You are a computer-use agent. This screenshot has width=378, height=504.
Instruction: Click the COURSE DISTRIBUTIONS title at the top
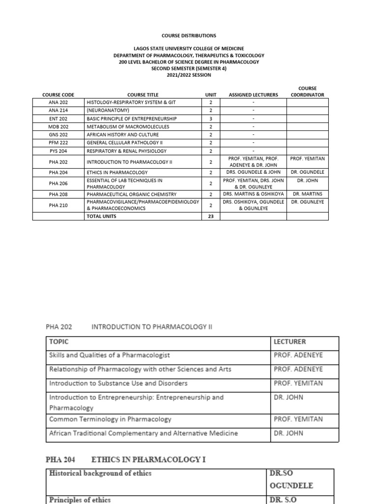(x=189, y=35)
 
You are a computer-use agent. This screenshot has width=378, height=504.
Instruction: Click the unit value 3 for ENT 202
(x=211, y=119)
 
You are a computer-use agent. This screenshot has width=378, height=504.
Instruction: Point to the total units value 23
(x=211, y=216)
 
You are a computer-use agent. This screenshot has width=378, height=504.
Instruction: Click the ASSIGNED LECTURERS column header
(x=253, y=94)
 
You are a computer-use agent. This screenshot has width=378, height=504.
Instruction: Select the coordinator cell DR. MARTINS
(x=307, y=194)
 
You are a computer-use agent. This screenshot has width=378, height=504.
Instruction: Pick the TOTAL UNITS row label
(x=102, y=216)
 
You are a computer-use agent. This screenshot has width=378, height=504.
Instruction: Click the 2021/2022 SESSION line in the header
(x=189, y=75)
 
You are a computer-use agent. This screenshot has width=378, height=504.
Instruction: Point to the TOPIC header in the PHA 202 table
(x=59, y=342)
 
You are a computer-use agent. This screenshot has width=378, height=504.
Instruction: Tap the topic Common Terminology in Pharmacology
(x=110, y=419)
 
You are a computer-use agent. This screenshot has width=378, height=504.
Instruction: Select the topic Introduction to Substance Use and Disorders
(x=118, y=383)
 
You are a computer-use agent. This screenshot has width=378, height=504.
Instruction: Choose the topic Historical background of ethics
(x=100, y=473)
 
